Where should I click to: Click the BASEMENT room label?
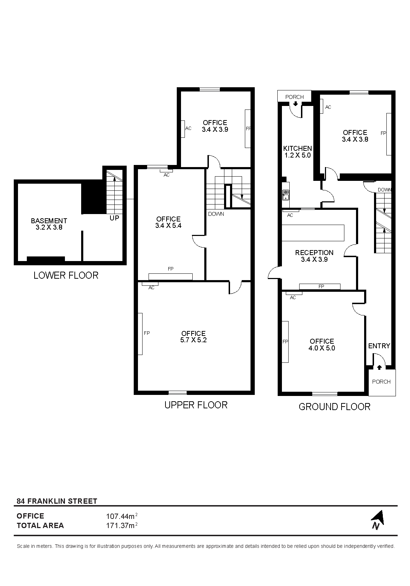click(x=49, y=221)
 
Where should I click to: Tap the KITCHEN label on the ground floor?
click(x=297, y=149)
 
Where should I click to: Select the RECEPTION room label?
click(x=314, y=253)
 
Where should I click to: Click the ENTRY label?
click(x=379, y=346)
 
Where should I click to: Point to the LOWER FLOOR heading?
click(x=66, y=276)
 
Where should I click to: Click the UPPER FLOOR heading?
click(x=196, y=405)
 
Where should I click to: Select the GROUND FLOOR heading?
click(x=334, y=407)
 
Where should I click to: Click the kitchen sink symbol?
click(x=285, y=195)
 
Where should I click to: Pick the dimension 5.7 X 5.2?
click(x=193, y=340)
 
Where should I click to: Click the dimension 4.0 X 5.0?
click(x=322, y=348)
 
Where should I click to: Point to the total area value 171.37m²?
click(x=122, y=526)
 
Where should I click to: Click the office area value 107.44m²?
click(x=122, y=516)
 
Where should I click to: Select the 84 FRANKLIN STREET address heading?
click(x=57, y=501)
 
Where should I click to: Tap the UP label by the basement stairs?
click(x=114, y=218)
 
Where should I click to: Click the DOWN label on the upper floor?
click(x=216, y=214)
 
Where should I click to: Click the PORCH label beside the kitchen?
click(x=295, y=97)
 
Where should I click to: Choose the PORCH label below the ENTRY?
click(x=381, y=382)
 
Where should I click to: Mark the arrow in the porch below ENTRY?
click(x=379, y=368)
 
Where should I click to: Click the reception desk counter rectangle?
click(x=313, y=233)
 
